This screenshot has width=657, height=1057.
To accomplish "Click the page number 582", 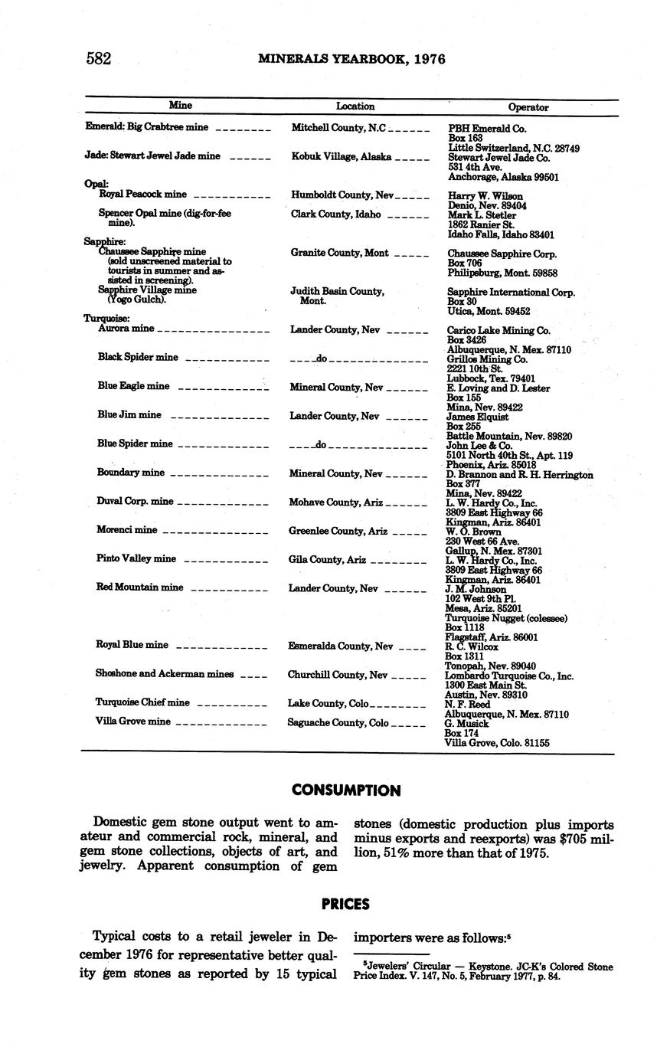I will [99, 59].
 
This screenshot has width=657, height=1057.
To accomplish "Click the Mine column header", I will [180, 106].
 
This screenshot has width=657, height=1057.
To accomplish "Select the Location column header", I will [355, 106].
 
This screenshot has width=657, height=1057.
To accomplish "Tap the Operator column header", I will [528, 107].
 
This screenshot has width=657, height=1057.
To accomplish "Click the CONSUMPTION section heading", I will [346, 790].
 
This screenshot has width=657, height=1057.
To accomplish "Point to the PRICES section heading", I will [346, 905].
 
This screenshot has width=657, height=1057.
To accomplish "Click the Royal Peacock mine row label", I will [143, 195].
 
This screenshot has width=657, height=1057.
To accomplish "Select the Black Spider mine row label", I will [138, 358].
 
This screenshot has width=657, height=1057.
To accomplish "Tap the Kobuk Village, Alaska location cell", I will [342, 157].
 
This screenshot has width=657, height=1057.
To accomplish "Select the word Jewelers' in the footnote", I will [384, 967].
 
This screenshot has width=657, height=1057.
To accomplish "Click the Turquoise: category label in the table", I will [106, 319].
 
